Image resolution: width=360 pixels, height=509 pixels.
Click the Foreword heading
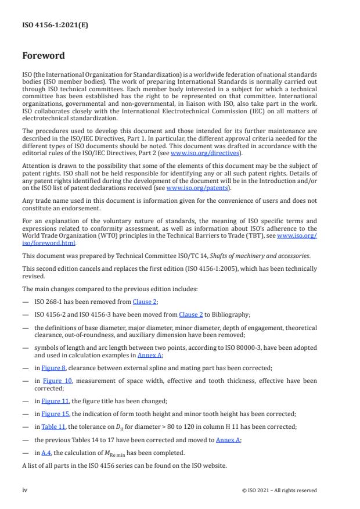click(x=44, y=56)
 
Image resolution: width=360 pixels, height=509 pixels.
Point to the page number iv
click(x=25, y=490)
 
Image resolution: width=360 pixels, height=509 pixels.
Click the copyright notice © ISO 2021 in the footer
click(x=279, y=490)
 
